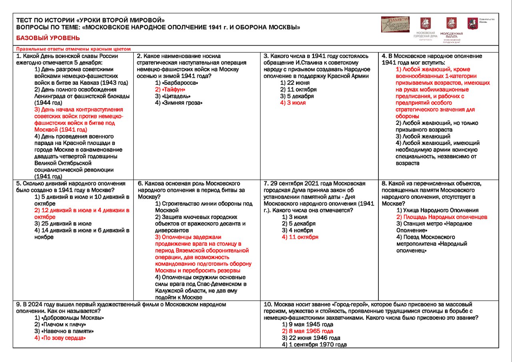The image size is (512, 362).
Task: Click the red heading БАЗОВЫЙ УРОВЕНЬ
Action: point(48,38)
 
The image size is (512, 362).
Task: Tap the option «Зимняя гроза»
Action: point(178,103)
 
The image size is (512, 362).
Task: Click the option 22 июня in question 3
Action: point(295,83)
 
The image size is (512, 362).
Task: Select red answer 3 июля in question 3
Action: point(293,103)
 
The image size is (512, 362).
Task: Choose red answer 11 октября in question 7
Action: point(300,237)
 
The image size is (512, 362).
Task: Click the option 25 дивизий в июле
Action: point(63,223)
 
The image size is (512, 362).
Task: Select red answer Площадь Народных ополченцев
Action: point(442,217)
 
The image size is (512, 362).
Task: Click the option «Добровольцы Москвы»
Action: point(69,318)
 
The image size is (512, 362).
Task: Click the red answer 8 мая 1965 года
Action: point(307,331)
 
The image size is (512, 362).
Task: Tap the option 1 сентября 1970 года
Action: point(314,345)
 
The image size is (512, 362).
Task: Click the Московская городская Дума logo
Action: point(425,28)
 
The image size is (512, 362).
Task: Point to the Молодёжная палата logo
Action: point(452,29)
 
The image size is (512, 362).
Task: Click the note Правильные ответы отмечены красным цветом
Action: point(74,49)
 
